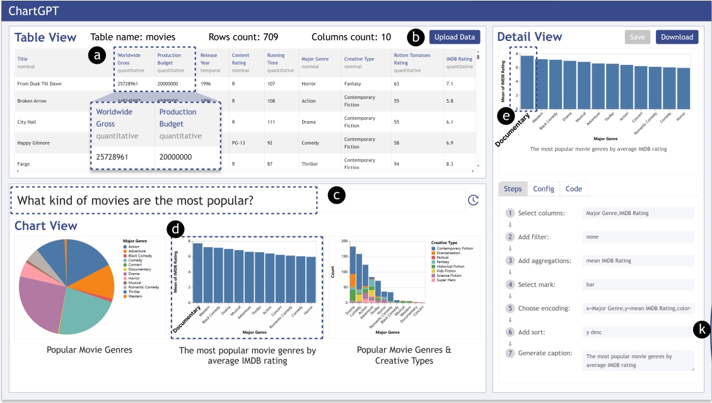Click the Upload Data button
[x=455, y=37]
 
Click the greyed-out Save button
[x=637, y=37]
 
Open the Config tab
[x=543, y=189]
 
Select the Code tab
[x=573, y=189]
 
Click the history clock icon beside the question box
[x=473, y=200]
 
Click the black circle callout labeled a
[x=96, y=56]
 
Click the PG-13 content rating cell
[x=239, y=143]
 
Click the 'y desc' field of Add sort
[x=638, y=332]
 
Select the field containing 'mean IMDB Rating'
[x=638, y=260]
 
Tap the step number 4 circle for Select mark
[x=510, y=284]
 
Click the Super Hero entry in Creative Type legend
[x=447, y=281]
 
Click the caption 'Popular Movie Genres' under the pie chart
[x=89, y=349]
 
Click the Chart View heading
[x=46, y=226]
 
